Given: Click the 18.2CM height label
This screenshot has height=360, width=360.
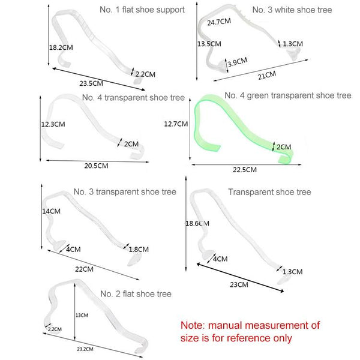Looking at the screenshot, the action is click(61, 47).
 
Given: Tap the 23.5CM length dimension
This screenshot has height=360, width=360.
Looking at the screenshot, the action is click(91, 83).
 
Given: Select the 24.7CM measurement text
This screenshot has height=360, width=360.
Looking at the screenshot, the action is click(219, 22).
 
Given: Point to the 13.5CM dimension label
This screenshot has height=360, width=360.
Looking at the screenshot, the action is click(209, 44).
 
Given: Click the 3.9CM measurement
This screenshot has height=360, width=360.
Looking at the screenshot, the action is click(238, 62).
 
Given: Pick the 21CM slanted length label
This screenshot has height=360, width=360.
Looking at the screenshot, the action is click(267, 76).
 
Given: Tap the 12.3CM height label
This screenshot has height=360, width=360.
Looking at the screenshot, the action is click(53, 124).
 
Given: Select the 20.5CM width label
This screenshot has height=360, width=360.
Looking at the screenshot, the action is click(96, 166).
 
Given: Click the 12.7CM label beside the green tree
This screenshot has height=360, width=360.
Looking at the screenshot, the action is click(176, 124).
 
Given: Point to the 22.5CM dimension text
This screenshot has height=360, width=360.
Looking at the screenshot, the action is click(245, 170).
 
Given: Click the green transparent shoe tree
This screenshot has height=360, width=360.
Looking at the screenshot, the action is click(244, 129).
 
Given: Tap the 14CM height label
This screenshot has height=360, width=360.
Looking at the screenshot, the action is click(51, 211).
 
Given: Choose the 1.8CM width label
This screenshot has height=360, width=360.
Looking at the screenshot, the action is click(139, 250).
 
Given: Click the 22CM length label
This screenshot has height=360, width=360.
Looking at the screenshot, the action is click(84, 269).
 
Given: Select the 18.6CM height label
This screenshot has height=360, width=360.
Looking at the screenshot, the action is click(197, 223).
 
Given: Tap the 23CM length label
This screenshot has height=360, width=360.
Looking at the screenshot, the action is click(239, 284).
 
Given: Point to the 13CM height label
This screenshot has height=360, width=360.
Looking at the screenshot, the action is click(82, 315).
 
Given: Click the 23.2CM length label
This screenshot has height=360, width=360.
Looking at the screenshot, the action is click(85, 349).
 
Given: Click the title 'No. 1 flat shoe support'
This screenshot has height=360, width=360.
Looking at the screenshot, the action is click(142, 10).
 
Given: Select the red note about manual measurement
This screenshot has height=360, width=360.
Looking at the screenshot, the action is click(250, 332).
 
